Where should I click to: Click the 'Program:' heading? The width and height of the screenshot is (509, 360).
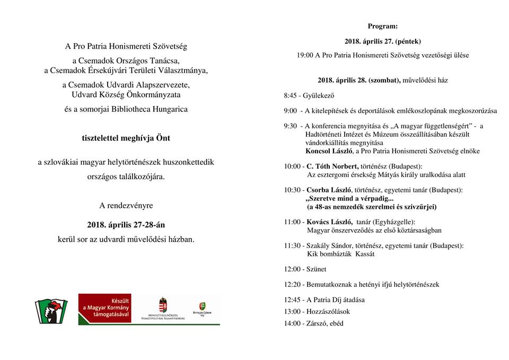point(382,26)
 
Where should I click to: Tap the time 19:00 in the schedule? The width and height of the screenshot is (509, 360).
point(305,55)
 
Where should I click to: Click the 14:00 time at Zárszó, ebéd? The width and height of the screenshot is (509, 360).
point(293,323)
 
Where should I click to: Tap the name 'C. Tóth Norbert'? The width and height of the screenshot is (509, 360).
point(333,166)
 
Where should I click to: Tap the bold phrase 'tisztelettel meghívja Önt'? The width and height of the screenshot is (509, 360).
point(126,138)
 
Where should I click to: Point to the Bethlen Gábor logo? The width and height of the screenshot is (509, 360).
point(202,309)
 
